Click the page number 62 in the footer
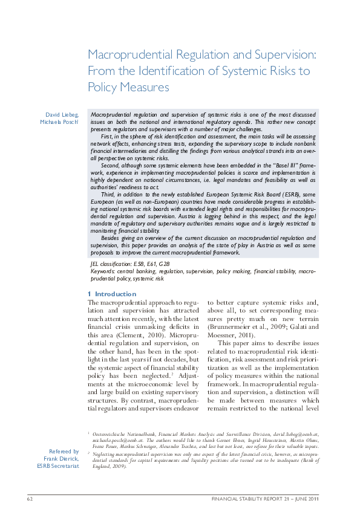[28, 499]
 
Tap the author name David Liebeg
[62, 114]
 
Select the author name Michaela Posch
[61, 123]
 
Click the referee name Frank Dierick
[64, 459]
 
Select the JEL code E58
[140, 265]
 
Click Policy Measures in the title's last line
[128, 87]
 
